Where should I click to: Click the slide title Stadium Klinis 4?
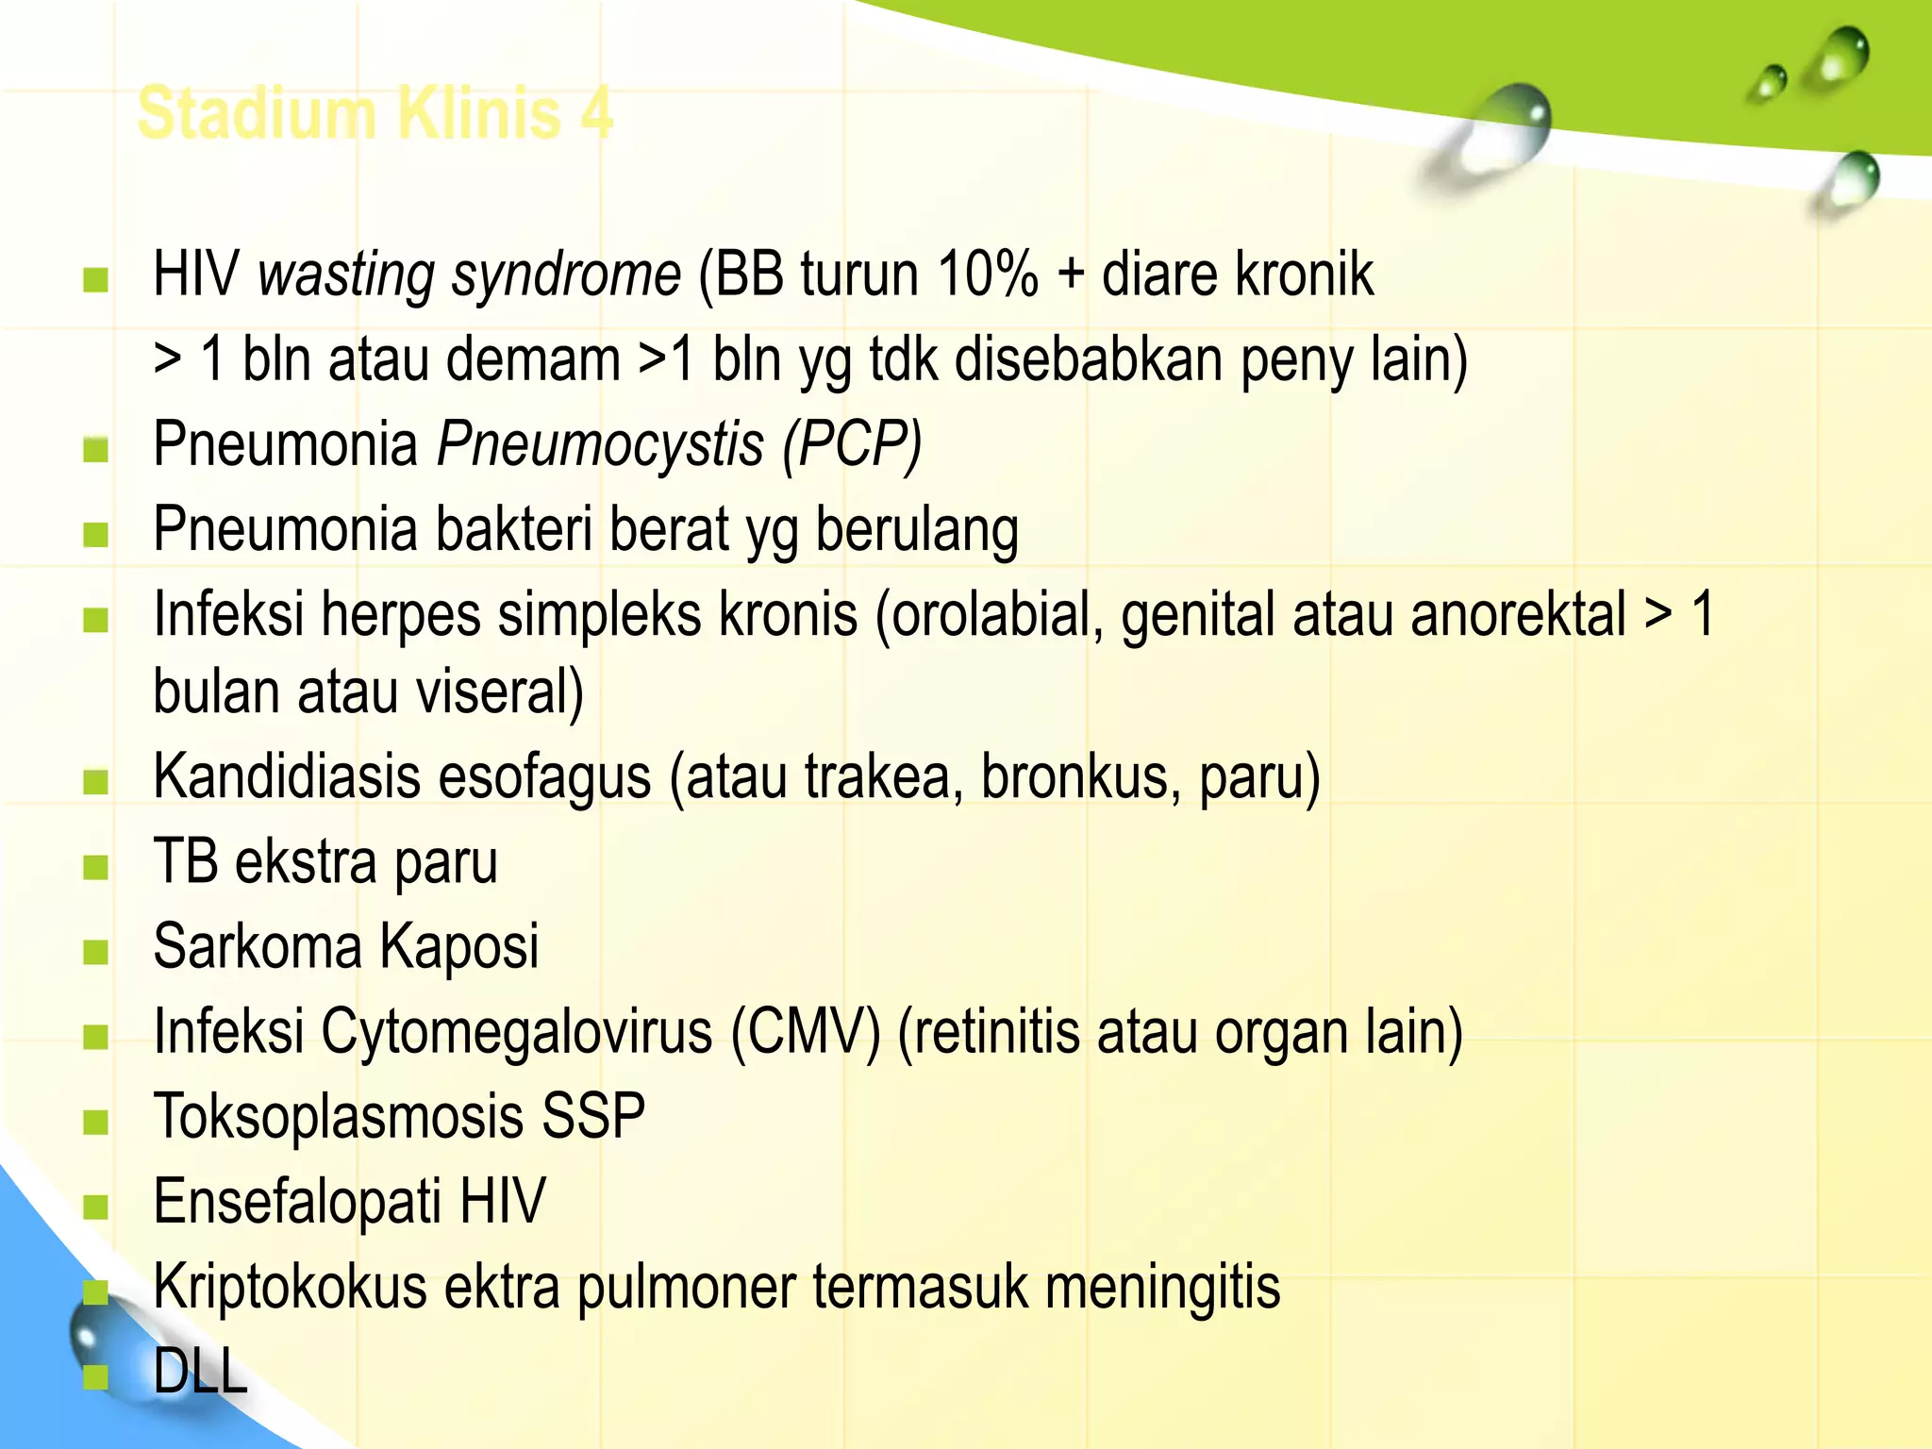(375, 113)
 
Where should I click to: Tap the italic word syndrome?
(566, 275)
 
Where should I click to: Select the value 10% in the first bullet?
(987, 275)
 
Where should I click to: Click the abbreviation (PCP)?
(851, 444)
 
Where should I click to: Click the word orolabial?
(990, 615)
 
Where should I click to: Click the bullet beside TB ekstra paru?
(95, 866)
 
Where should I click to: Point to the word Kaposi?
(459, 946)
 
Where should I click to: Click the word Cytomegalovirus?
(516, 1031)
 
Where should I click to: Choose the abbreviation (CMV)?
(805, 1031)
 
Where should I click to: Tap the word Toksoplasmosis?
(338, 1117)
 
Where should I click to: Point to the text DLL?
(200, 1371)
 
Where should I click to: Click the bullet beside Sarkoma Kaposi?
(95, 951)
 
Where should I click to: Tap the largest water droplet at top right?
(1500, 132)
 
